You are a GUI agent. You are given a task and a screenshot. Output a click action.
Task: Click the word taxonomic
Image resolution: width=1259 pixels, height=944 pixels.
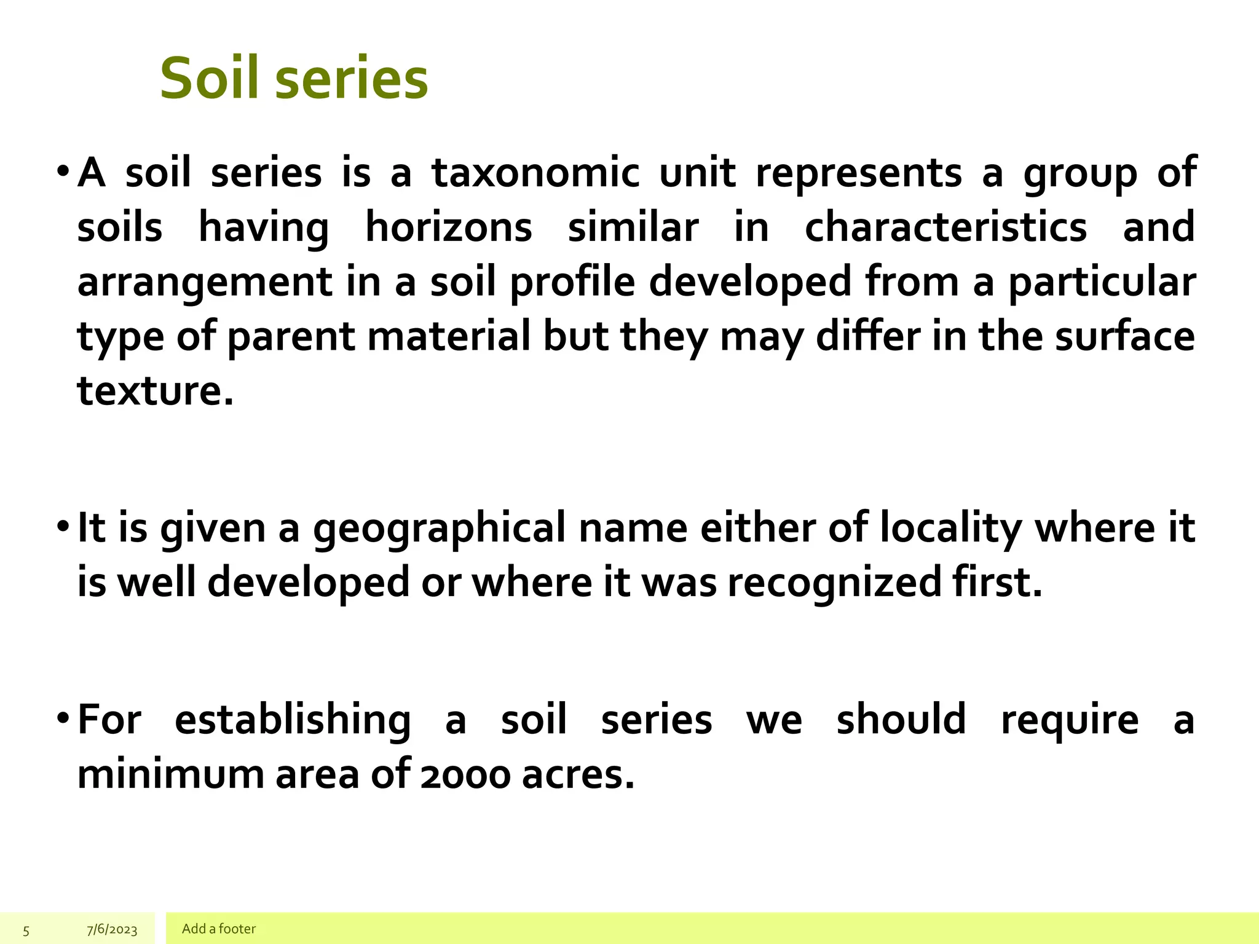[x=535, y=173]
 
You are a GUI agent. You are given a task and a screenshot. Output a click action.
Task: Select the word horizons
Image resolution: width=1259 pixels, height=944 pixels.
[x=449, y=227]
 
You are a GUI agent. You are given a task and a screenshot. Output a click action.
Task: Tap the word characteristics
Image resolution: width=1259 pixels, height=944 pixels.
[x=945, y=227]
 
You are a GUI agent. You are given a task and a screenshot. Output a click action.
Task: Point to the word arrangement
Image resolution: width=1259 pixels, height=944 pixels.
[x=205, y=283]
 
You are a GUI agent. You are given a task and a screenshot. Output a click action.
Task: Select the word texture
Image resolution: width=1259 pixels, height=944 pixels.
[x=155, y=391]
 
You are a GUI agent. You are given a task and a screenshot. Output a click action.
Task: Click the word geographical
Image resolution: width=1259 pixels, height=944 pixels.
[x=439, y=529]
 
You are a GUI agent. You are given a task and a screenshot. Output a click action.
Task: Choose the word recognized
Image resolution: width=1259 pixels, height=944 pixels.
[x=834, y=583]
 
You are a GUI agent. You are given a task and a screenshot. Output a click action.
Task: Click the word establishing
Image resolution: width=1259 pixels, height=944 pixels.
[x=293, y=720]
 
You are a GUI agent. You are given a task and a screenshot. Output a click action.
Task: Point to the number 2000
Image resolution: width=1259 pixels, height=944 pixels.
[x=465, y=775]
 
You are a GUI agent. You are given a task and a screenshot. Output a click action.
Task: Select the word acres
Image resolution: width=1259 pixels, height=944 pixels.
[x=577, y=775]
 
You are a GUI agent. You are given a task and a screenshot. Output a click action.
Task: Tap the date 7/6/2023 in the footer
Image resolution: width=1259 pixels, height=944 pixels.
[x=112, y=929]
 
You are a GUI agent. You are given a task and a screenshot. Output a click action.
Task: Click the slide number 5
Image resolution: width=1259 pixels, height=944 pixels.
[x=26, y=930]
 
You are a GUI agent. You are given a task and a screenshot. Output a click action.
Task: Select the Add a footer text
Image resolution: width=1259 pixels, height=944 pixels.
[x=219, y=929]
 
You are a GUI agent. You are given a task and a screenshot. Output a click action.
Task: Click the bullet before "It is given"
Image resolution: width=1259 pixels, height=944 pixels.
[x=63, y=527]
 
